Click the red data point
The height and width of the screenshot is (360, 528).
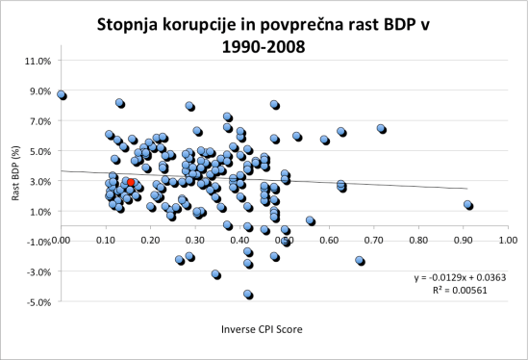[x=131, y=182]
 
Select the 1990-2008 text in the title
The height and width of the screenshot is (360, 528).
[x=264, y=45]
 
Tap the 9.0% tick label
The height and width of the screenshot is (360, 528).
[x=39, y=91]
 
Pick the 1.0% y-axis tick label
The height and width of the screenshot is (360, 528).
[x=39, y=212]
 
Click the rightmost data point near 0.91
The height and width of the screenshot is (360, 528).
[x=468, y=205]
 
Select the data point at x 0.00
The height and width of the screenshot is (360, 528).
[x=61, y=95]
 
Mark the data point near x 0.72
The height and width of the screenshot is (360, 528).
[x=381, y=128]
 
